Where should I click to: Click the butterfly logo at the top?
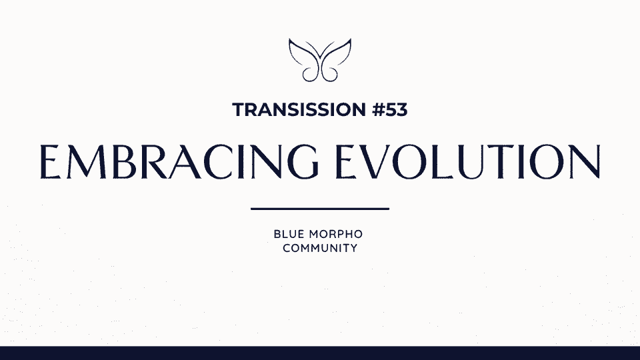(x=320, y=60)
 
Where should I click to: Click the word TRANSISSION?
(x=299, y=110)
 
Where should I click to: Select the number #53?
(x=390, y=110)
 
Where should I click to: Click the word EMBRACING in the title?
(x=179, y=161)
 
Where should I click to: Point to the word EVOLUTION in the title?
(x=468, y=161)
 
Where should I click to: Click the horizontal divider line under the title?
(x=320, y=209)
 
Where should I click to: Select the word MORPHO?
(x=336, y=234)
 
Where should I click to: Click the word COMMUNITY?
(x=320, y=248)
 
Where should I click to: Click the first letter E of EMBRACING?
(x=50, y=161)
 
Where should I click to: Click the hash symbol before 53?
(x=379, y=110)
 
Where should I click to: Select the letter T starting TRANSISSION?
(x=239, y=110)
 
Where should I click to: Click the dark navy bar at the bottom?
(x=320, y=353)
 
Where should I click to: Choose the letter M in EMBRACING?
(x=86, y=161)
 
